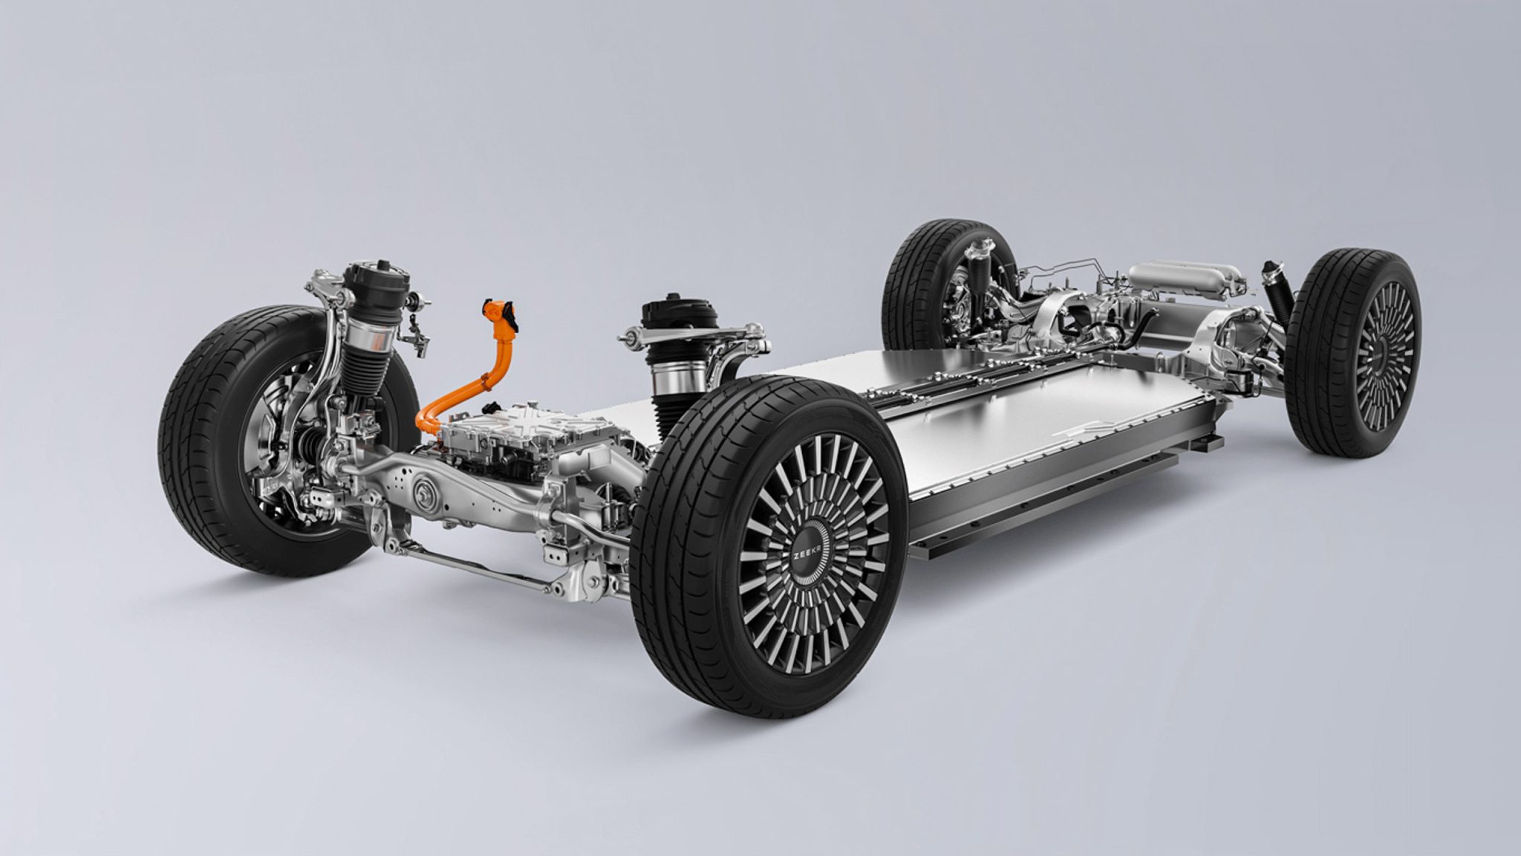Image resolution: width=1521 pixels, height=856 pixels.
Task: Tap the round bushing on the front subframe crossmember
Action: coord(426,492)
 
